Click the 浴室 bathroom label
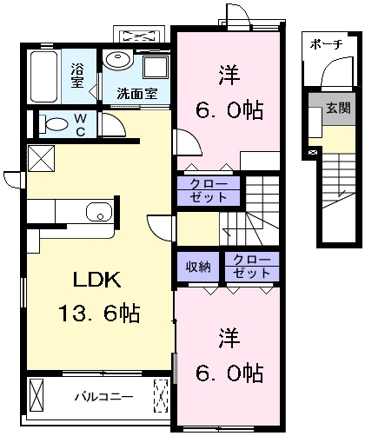click(77, 76)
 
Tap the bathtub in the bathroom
click(43, 76)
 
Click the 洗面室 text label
click(137, 93)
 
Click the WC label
click(80, 125)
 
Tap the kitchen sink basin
click(99, 212)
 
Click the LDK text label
click(96, 280)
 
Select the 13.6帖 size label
click(99, 314)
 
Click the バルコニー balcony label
click(104, 396)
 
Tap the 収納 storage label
click(198, 267)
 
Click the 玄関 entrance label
click(338, 108)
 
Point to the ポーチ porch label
click(326, 44)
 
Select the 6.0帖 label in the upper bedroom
click(229, 110)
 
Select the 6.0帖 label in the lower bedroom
click(229, 373)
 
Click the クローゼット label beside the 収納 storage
click(251, 267)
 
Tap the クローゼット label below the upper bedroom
click(209, 190)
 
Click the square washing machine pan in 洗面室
click(156, 67)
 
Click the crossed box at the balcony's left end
click(36, 395)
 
